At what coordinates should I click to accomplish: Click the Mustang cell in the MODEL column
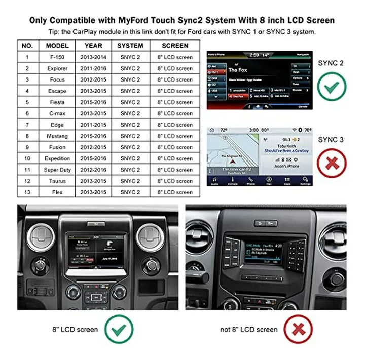tap(57, 136)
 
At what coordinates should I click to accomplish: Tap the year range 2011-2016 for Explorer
tap(93, 68)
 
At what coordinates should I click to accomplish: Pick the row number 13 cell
tap(27, 192)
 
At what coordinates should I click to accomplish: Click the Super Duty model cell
tap(57, 170)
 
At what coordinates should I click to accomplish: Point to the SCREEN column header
tap(175, 45)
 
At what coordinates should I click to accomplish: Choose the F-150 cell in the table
tap(57, 57)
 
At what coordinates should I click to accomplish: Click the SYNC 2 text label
tap(331, 63)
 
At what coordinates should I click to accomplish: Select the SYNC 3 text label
tap(331, 139)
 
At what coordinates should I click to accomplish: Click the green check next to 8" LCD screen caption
tap(119, 329)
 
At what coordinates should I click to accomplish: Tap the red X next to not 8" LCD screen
tap(298, 329)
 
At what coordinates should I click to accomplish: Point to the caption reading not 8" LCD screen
tap(249, 330)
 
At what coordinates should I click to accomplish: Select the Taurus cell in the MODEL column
tap(57, 181)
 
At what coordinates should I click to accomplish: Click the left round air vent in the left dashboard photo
tap(41, 237)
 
